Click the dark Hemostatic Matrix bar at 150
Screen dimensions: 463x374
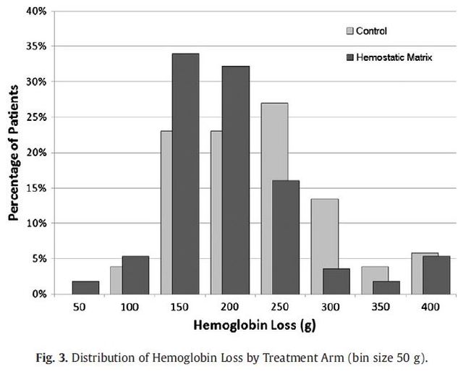pos(185,174)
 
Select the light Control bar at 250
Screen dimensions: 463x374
pos(274,199)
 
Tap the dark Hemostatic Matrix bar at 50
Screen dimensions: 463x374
pos(85,288)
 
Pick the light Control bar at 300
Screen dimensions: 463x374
pos(325,247)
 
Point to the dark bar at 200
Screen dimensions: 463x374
pos(236,180)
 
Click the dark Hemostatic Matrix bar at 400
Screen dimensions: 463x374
pos(436,275)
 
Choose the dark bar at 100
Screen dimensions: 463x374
pos(135,275)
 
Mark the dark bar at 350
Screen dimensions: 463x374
pos(386,288)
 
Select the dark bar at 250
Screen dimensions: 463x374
pos(286,237)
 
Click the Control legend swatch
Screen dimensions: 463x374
pos(349,31)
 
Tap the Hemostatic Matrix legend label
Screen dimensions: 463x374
pos(394,57)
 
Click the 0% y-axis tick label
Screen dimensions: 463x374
pos(39,294)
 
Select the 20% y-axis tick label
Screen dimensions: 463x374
pos(36,153)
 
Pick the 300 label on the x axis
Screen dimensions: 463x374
pos(330,307)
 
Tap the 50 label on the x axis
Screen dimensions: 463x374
pos(79,307)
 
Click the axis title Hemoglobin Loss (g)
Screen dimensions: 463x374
pos(255,326)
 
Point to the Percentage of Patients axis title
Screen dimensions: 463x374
pos(13,153)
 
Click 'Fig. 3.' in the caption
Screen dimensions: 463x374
pos(52,358)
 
